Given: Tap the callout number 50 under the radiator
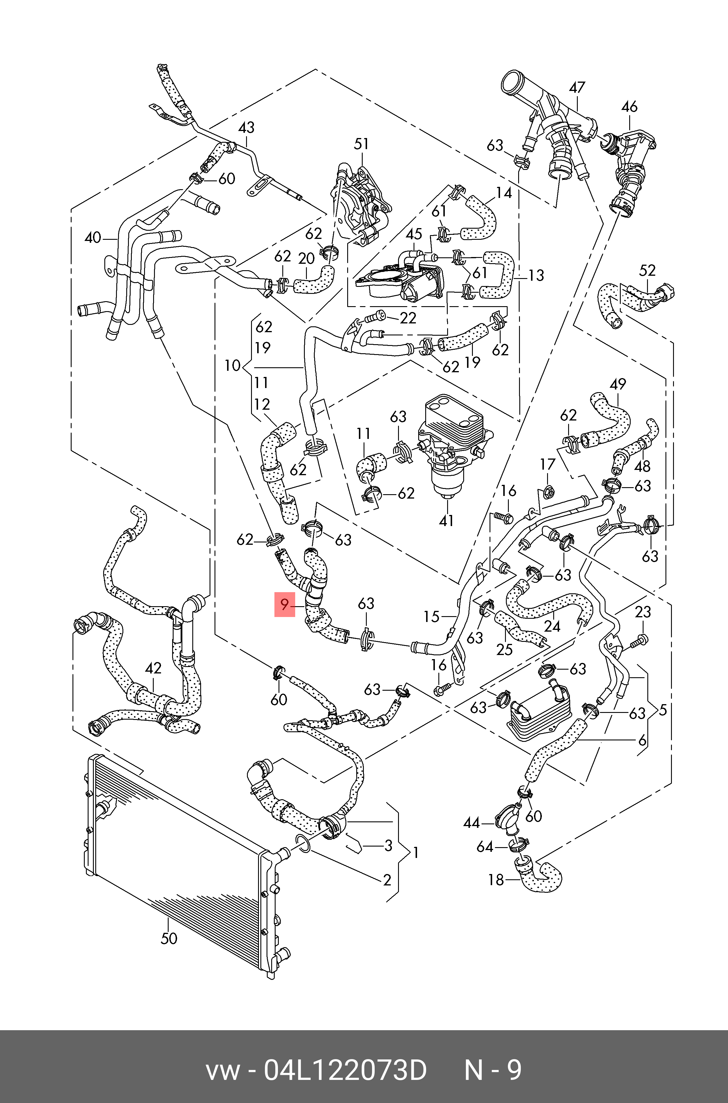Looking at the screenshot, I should coord(169,938).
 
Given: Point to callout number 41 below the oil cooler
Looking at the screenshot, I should coord(446,521).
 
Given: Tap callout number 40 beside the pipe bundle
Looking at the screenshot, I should coord(93,238).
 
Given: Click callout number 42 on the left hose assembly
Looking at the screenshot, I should coord(153,668).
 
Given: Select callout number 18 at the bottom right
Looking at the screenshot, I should coord(496,880).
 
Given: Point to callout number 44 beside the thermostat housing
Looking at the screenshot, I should coord(471,823).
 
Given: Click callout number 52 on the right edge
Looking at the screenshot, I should coord(647,270).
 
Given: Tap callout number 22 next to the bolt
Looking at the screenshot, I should coord(408,318).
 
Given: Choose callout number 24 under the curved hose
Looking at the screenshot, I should coord(552,626).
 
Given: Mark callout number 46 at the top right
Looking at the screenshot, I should coord(629,107).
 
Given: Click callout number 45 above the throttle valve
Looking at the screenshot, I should coord(414,234).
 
